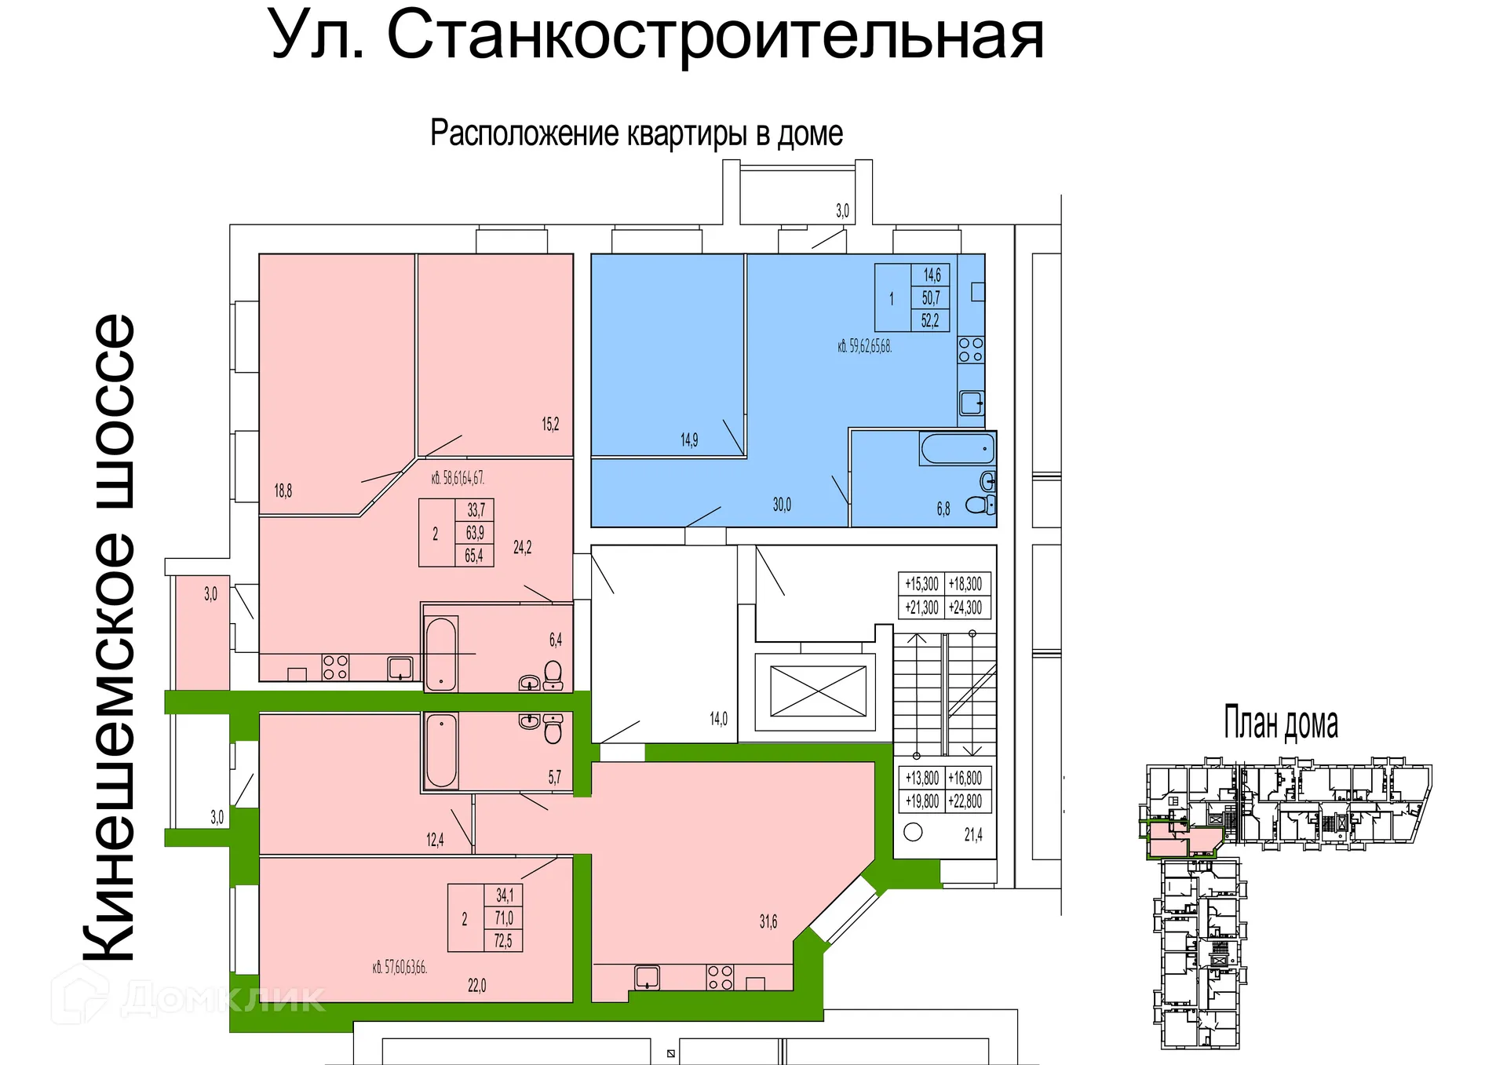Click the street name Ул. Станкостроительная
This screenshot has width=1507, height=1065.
point(657,36)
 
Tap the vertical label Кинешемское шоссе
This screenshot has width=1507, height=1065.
point(110,637)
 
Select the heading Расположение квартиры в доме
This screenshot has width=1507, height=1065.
point(637,134)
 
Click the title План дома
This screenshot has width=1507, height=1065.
point(1281,724)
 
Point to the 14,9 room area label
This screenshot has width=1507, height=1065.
point(689,440)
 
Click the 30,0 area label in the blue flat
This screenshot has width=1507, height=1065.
point(782,505)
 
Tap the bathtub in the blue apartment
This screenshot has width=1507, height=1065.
point(958,450)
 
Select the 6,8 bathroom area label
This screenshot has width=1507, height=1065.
point(943,509)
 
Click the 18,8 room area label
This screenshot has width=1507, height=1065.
point(283,491)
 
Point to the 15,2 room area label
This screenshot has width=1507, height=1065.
point(550,425)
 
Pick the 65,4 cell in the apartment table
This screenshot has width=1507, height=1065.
point(474,556)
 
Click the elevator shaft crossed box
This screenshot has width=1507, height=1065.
point(818,691)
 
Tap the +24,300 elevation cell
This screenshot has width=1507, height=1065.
point(965,607)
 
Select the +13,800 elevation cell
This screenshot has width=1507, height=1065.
point(921,778)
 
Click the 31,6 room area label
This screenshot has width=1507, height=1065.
point(768,922)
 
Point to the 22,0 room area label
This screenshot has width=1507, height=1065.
point(477,986)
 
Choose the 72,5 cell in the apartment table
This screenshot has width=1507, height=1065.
point(503,940)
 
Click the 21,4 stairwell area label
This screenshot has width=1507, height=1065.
point(973,835)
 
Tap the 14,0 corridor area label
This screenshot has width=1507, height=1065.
point(718,719)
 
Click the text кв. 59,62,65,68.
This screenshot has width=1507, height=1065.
point(864,346)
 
